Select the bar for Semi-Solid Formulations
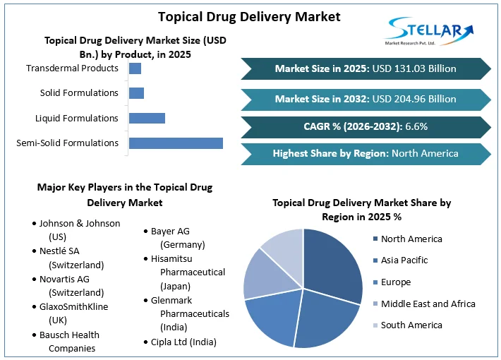176,143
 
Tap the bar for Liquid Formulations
147,118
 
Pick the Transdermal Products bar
135,68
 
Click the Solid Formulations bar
136,93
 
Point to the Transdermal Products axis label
72,68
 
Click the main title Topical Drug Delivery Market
249,16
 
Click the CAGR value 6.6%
416,127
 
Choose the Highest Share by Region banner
366,153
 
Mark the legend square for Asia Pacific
375,260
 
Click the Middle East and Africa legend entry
428,304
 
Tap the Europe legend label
395,282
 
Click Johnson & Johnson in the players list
79,223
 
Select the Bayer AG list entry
170,232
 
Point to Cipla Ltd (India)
183,342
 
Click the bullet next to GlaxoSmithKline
34,307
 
